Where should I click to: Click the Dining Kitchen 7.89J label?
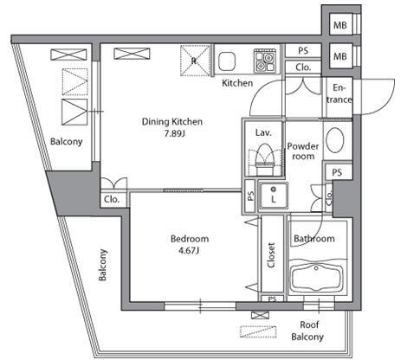[x=172, y=127]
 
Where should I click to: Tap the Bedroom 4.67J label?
[x=190, y=245]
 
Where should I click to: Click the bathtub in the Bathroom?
[x=316, y=278]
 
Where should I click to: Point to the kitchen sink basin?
[x=227, y=61]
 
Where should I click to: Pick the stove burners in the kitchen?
[x=265, y=61]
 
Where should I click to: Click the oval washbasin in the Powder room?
[x=335, y=139]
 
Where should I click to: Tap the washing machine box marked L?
[x=273, y=196]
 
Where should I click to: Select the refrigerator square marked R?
[x=195, y=61]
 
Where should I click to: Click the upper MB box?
[x=340, y=25]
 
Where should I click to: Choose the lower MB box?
[x=340, y=56]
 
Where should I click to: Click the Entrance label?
[x=339, y=93]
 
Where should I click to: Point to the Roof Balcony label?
[x=307, y=331]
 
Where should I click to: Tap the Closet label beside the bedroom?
[x=271, y=255]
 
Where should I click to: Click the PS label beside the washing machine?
[x=250, y=196]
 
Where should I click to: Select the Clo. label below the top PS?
[x=303, y=67]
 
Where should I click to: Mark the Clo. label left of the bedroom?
[x=112, y=199]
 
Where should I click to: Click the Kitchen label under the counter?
[x=237, y=83]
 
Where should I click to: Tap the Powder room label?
[x=303, y=151]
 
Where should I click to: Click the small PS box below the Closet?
[x=273, y=299]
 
